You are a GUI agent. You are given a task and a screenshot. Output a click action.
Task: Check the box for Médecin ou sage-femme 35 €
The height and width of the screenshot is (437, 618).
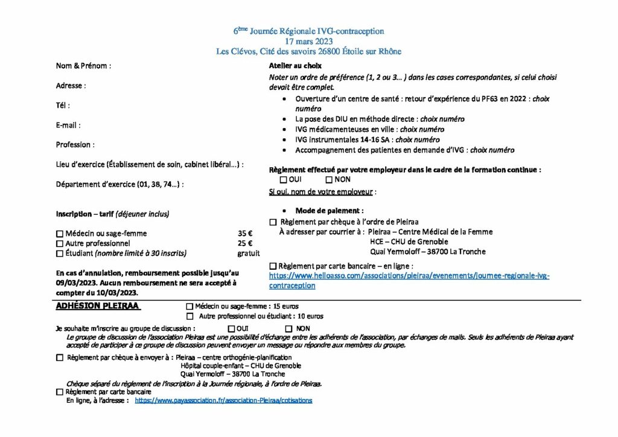[59, 234]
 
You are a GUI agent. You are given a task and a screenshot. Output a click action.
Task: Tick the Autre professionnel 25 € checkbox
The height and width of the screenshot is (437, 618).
[59, 243]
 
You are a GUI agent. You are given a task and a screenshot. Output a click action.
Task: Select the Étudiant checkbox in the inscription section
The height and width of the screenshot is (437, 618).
[59, 254]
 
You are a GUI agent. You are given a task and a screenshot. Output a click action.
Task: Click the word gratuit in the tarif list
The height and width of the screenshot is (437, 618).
[249, 254]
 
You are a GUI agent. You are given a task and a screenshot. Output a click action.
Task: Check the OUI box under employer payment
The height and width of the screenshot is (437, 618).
[284, 179]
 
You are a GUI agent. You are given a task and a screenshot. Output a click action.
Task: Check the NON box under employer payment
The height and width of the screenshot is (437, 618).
[329, 179]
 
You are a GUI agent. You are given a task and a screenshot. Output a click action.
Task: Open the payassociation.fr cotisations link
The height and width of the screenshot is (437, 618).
[223, 400]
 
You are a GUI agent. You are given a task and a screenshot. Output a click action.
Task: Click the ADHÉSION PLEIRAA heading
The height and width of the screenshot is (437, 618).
[98, 306]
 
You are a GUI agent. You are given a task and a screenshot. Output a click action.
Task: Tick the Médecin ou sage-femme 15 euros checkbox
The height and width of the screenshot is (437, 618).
[190, 307]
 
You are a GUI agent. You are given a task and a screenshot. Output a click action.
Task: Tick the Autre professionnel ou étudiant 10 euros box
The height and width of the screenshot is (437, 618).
[190, 316]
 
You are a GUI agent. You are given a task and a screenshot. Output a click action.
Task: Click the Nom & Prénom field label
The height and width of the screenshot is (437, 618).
[83, 66]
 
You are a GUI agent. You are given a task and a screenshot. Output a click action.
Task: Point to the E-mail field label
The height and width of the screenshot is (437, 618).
[68, 125]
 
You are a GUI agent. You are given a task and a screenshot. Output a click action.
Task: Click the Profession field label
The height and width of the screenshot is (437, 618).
[75, 145]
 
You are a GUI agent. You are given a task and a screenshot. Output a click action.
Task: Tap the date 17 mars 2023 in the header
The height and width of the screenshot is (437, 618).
[308, 41]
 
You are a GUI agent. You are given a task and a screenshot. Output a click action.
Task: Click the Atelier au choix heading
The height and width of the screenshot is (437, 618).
[295, 66]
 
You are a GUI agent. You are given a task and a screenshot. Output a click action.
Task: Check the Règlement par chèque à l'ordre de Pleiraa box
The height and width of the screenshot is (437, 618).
[273, 222]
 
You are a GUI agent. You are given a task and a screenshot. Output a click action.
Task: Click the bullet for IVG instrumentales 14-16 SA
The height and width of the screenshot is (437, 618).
[285, 140]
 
